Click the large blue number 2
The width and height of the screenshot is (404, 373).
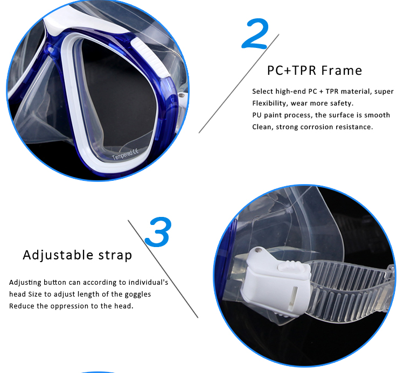[256, 33]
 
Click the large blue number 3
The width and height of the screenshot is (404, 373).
[158, 231]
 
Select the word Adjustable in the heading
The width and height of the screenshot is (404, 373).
[58, 255]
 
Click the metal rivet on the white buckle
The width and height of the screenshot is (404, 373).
[257, 250]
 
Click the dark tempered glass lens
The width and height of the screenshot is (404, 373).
[119, 98]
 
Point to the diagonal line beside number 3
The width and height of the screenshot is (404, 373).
[163, 269]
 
